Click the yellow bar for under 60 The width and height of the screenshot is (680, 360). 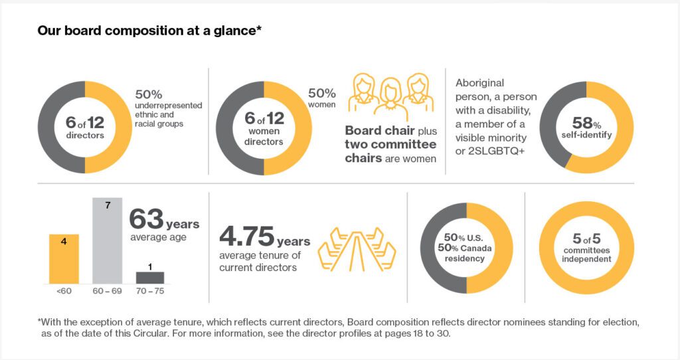point(64,259)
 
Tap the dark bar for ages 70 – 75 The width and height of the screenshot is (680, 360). point(149,278)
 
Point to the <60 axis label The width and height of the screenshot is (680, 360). point(64,291)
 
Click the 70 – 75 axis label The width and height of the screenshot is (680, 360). point(150,291)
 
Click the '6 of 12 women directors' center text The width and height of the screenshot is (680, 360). point(264,129)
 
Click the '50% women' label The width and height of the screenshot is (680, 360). point(321,98)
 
